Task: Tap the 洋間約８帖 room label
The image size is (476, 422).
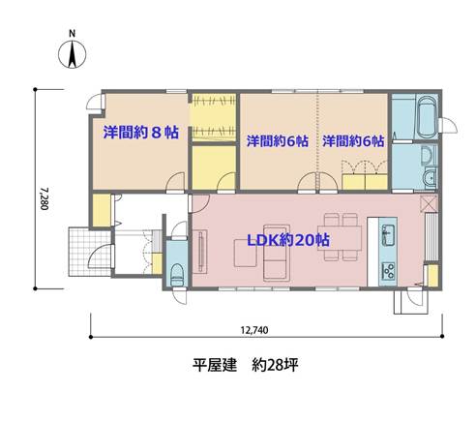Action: point(141,133)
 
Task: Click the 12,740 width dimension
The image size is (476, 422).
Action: point(254,330)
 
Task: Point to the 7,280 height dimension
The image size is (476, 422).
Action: point(45,198)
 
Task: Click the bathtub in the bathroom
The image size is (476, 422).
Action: point(427,116)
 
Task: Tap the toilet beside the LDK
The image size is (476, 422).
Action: point(177,275)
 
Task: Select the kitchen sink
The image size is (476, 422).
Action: point(388,235)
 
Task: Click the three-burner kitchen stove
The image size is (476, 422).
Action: point(388,271)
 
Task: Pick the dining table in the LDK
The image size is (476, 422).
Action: point(340,238)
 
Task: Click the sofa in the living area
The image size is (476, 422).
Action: point(275,253)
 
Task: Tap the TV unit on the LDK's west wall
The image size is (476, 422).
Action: point(200,252)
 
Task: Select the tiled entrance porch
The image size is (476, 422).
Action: point(90,252)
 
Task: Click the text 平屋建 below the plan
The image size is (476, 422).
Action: point(215,366)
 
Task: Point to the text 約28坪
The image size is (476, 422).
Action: point(275,366)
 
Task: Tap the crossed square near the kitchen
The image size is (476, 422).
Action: point(429,203)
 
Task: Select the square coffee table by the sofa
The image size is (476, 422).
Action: point(246,253)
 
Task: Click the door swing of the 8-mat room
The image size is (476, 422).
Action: point(176,182)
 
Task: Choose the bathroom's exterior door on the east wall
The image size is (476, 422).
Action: point(447,125)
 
